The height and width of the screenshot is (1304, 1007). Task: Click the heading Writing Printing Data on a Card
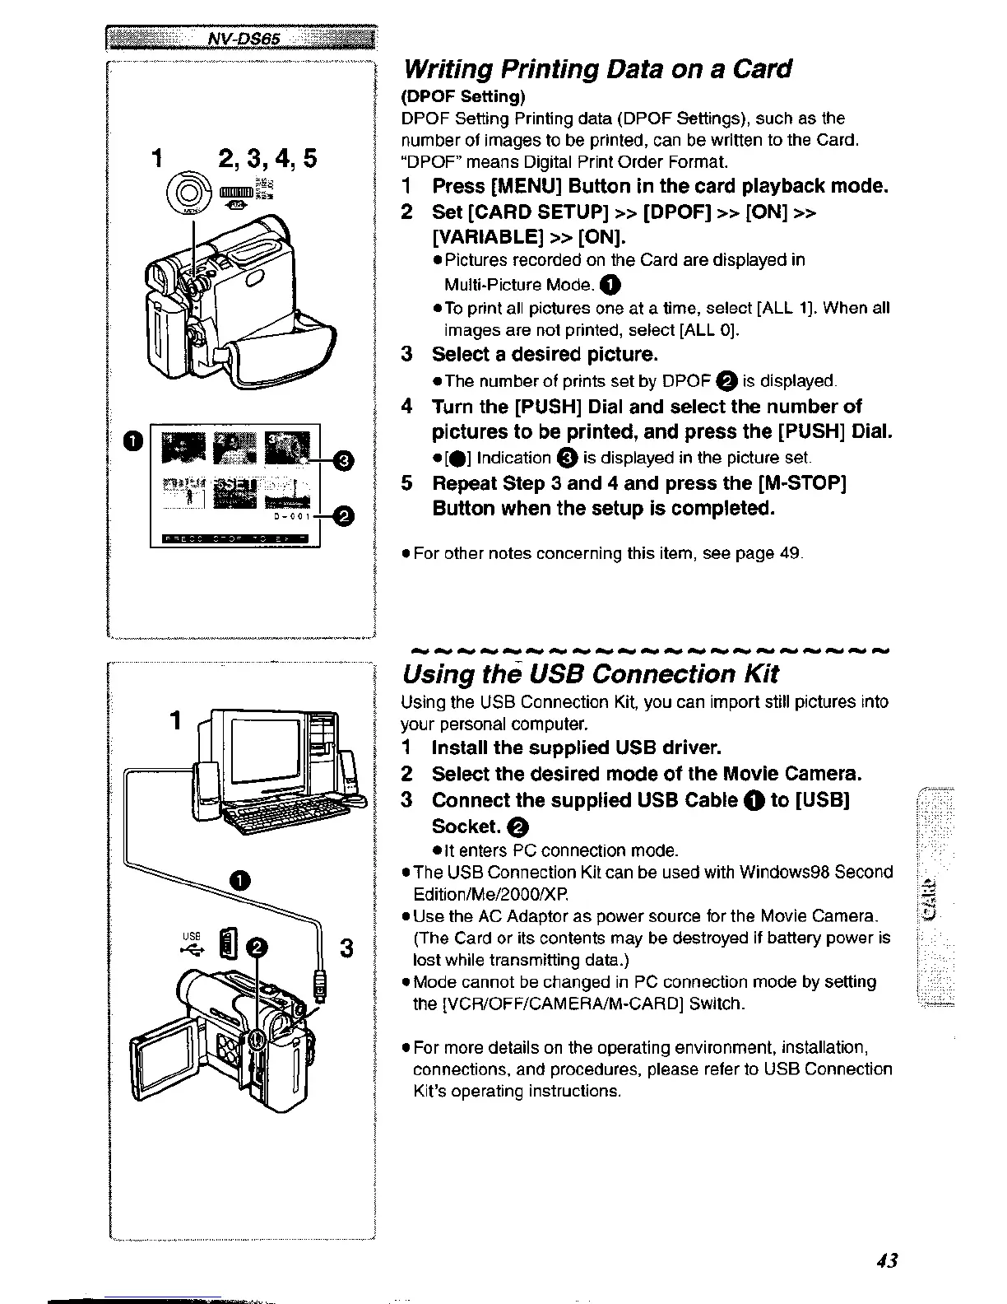tap(596, 68)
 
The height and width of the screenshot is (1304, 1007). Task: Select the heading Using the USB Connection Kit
tap(590, 674)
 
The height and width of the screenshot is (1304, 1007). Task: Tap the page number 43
tap(886, 1260)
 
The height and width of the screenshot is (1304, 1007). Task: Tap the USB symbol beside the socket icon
tap(193, 948)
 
